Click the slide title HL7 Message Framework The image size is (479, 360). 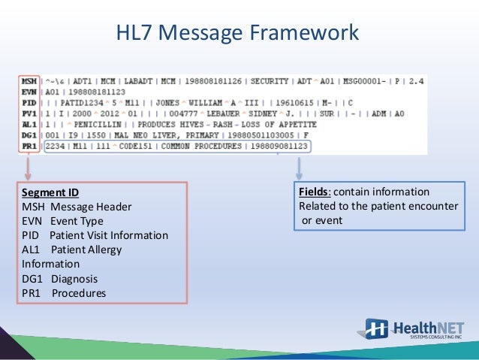[239, 33]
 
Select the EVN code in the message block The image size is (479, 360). [29, 91]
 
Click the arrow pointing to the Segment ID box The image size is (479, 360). [29, 168]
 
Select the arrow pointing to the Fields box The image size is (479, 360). [300, 167]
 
